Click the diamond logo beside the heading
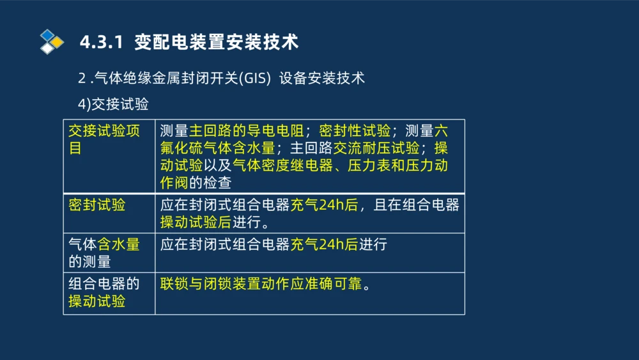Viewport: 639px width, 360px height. tap(52, 42)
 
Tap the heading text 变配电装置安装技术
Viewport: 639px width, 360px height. tap(217, 42)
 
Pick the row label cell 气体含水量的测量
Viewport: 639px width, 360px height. tap(104, 253)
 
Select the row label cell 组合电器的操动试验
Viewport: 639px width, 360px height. tap(104, 292)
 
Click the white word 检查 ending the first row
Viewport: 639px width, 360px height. tap(217, 183)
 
